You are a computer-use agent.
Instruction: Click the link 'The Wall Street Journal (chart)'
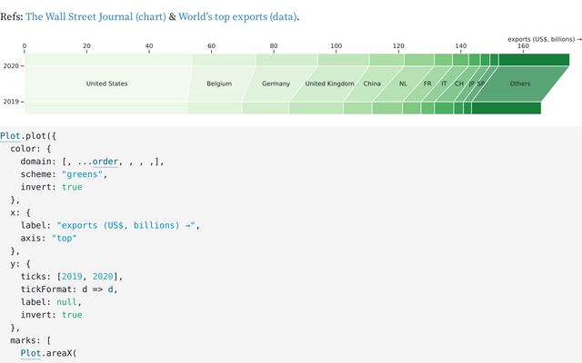click(95, 16)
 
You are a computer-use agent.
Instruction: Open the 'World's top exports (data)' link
click(237, 16)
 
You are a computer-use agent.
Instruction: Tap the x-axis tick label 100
click(336, 46)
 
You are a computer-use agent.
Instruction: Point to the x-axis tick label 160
click(523, 46)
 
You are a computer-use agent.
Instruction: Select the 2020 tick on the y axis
click(11, 66)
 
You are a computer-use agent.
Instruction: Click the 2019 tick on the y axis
click(11, 102)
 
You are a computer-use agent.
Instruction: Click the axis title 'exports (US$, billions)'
click(541, 39)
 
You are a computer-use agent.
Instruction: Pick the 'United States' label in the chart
click(107, 83)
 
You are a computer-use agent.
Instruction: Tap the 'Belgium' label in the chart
click(219, 83)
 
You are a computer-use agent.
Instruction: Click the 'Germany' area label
click(276, 83)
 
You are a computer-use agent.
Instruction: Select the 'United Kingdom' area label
click(329, 83)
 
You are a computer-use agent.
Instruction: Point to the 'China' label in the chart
click(372, 83)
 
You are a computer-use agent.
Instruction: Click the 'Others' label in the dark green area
click(520, 83)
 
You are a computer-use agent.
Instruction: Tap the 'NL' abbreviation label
click(403, 83)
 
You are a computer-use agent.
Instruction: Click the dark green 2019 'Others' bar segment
click(507, 108)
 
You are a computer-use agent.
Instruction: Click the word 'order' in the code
click(105, 162)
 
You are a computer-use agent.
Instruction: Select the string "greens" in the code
click(82, 174)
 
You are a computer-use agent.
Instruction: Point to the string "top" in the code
click(64, 238)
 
